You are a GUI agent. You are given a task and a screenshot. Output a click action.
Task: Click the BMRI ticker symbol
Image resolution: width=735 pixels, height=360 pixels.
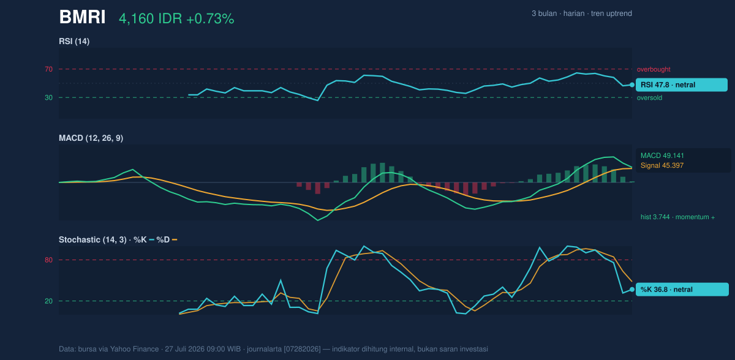[x=82, y=17]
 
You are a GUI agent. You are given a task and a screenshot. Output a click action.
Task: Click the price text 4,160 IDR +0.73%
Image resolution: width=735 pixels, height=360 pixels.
[x=176, y=19]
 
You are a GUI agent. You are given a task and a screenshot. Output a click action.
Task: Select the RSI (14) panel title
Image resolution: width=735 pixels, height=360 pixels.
[x=74, y=41]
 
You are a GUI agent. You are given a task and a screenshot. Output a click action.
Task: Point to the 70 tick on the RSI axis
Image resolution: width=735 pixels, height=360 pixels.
[x=48, y=69]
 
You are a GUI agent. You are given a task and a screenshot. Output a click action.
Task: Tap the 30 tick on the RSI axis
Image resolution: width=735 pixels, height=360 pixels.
[x=48, y=97]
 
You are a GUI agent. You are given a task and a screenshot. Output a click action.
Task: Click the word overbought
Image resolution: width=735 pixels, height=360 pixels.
[x=654, y=70]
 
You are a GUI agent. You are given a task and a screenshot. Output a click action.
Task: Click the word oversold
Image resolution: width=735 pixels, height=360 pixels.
[x=649, y=98]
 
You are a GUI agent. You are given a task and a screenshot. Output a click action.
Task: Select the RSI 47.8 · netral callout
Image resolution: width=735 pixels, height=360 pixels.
[x=682, y=84]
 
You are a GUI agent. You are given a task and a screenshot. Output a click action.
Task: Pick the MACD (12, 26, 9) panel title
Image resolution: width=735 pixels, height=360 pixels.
[x=91, y=138]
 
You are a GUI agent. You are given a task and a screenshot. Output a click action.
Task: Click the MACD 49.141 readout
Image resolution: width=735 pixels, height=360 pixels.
[x=662, y=156]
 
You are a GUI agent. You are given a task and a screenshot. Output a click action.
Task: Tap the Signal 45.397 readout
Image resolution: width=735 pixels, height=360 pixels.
[x=662, y=165]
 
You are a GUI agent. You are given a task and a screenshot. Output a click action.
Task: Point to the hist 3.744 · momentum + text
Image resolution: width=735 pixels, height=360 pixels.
[x=677, y=217]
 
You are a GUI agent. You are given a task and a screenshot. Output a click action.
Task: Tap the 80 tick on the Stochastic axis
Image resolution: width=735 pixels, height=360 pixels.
[x=48, y=260]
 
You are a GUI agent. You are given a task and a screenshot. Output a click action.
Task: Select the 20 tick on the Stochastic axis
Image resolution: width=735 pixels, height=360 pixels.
[x=48, y=301]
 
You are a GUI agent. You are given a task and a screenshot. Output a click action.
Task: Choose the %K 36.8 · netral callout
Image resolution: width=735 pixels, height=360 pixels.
[x=682, y=290]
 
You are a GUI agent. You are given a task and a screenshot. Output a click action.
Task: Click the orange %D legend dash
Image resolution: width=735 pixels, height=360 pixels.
[x=175, y=240]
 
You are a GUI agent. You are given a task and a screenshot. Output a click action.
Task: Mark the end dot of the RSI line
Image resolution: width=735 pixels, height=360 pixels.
[x=632, y=85]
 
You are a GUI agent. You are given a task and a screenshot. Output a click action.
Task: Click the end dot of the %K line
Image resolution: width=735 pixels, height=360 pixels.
[x=632, y=290]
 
